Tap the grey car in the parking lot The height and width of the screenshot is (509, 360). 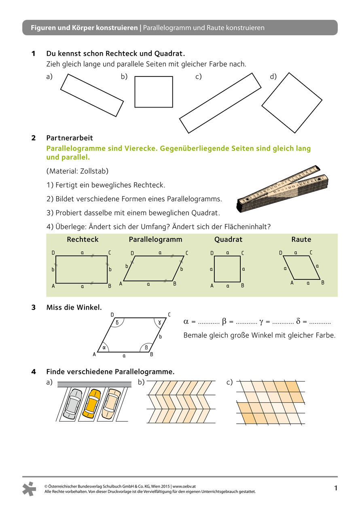pyautogui.click(x=72, y=403)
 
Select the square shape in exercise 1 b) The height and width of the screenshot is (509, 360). pyautogui.click(x=153, y=92)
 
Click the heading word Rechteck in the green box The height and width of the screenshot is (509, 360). pyautogui.click(x=83, y=239)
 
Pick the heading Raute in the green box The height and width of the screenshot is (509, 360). pyautogui.click(x=301, y=239)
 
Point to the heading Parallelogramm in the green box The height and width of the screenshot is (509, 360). pyautogui.click(x=155, y=239)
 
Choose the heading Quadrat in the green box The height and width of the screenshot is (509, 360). pyautogui.click(x=228, y=239)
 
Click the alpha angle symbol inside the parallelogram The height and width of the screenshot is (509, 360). pyautogui.click(x=104, y=347)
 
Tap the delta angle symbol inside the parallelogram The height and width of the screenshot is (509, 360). pyautogui.click(x=117, y=323)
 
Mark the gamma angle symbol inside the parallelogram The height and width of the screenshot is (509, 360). pyautogui.click(x=160, y=323)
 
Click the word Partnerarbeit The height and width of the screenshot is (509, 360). pyautogui.click(x=70, y=138)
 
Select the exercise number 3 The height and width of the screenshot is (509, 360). pyautogui.click(x=34, y=307)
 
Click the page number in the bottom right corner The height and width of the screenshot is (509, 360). pyautogui.click(x=336, y=488)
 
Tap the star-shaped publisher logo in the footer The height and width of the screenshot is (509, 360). pyautogui.click(x=30, y=488)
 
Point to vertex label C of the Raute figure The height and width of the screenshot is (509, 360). pyautogui.click(x=311, y=253)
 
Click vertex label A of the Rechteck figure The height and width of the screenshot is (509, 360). pyautogui.click(x=53, y=286)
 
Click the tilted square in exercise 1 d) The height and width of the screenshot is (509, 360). pyautogui.click(x=292, y=103)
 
